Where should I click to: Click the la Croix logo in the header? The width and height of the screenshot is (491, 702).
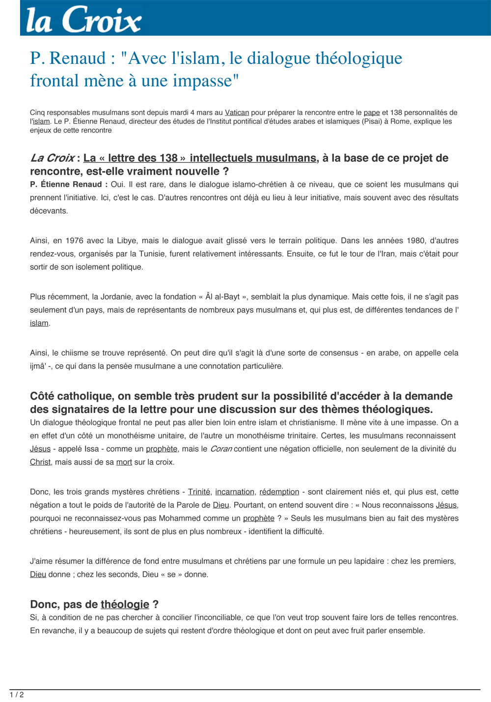[x=83, y=20]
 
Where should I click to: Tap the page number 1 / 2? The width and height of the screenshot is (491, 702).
[x=17, y=695]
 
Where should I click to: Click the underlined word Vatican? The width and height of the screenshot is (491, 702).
[x=237, y=113]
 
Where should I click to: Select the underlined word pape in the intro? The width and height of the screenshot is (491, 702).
[x=372, y=113]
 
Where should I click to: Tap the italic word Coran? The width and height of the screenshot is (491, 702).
[x=221, y=449]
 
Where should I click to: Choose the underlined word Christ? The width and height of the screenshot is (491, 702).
[x=40, y=462]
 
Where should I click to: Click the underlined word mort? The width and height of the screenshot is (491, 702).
[x=124, y=462]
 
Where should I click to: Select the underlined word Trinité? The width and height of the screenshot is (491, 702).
[x=199, y=492]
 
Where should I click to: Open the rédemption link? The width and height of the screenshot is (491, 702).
[x=279, y=492]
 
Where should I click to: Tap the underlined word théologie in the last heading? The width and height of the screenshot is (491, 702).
[x=125, y=605]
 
